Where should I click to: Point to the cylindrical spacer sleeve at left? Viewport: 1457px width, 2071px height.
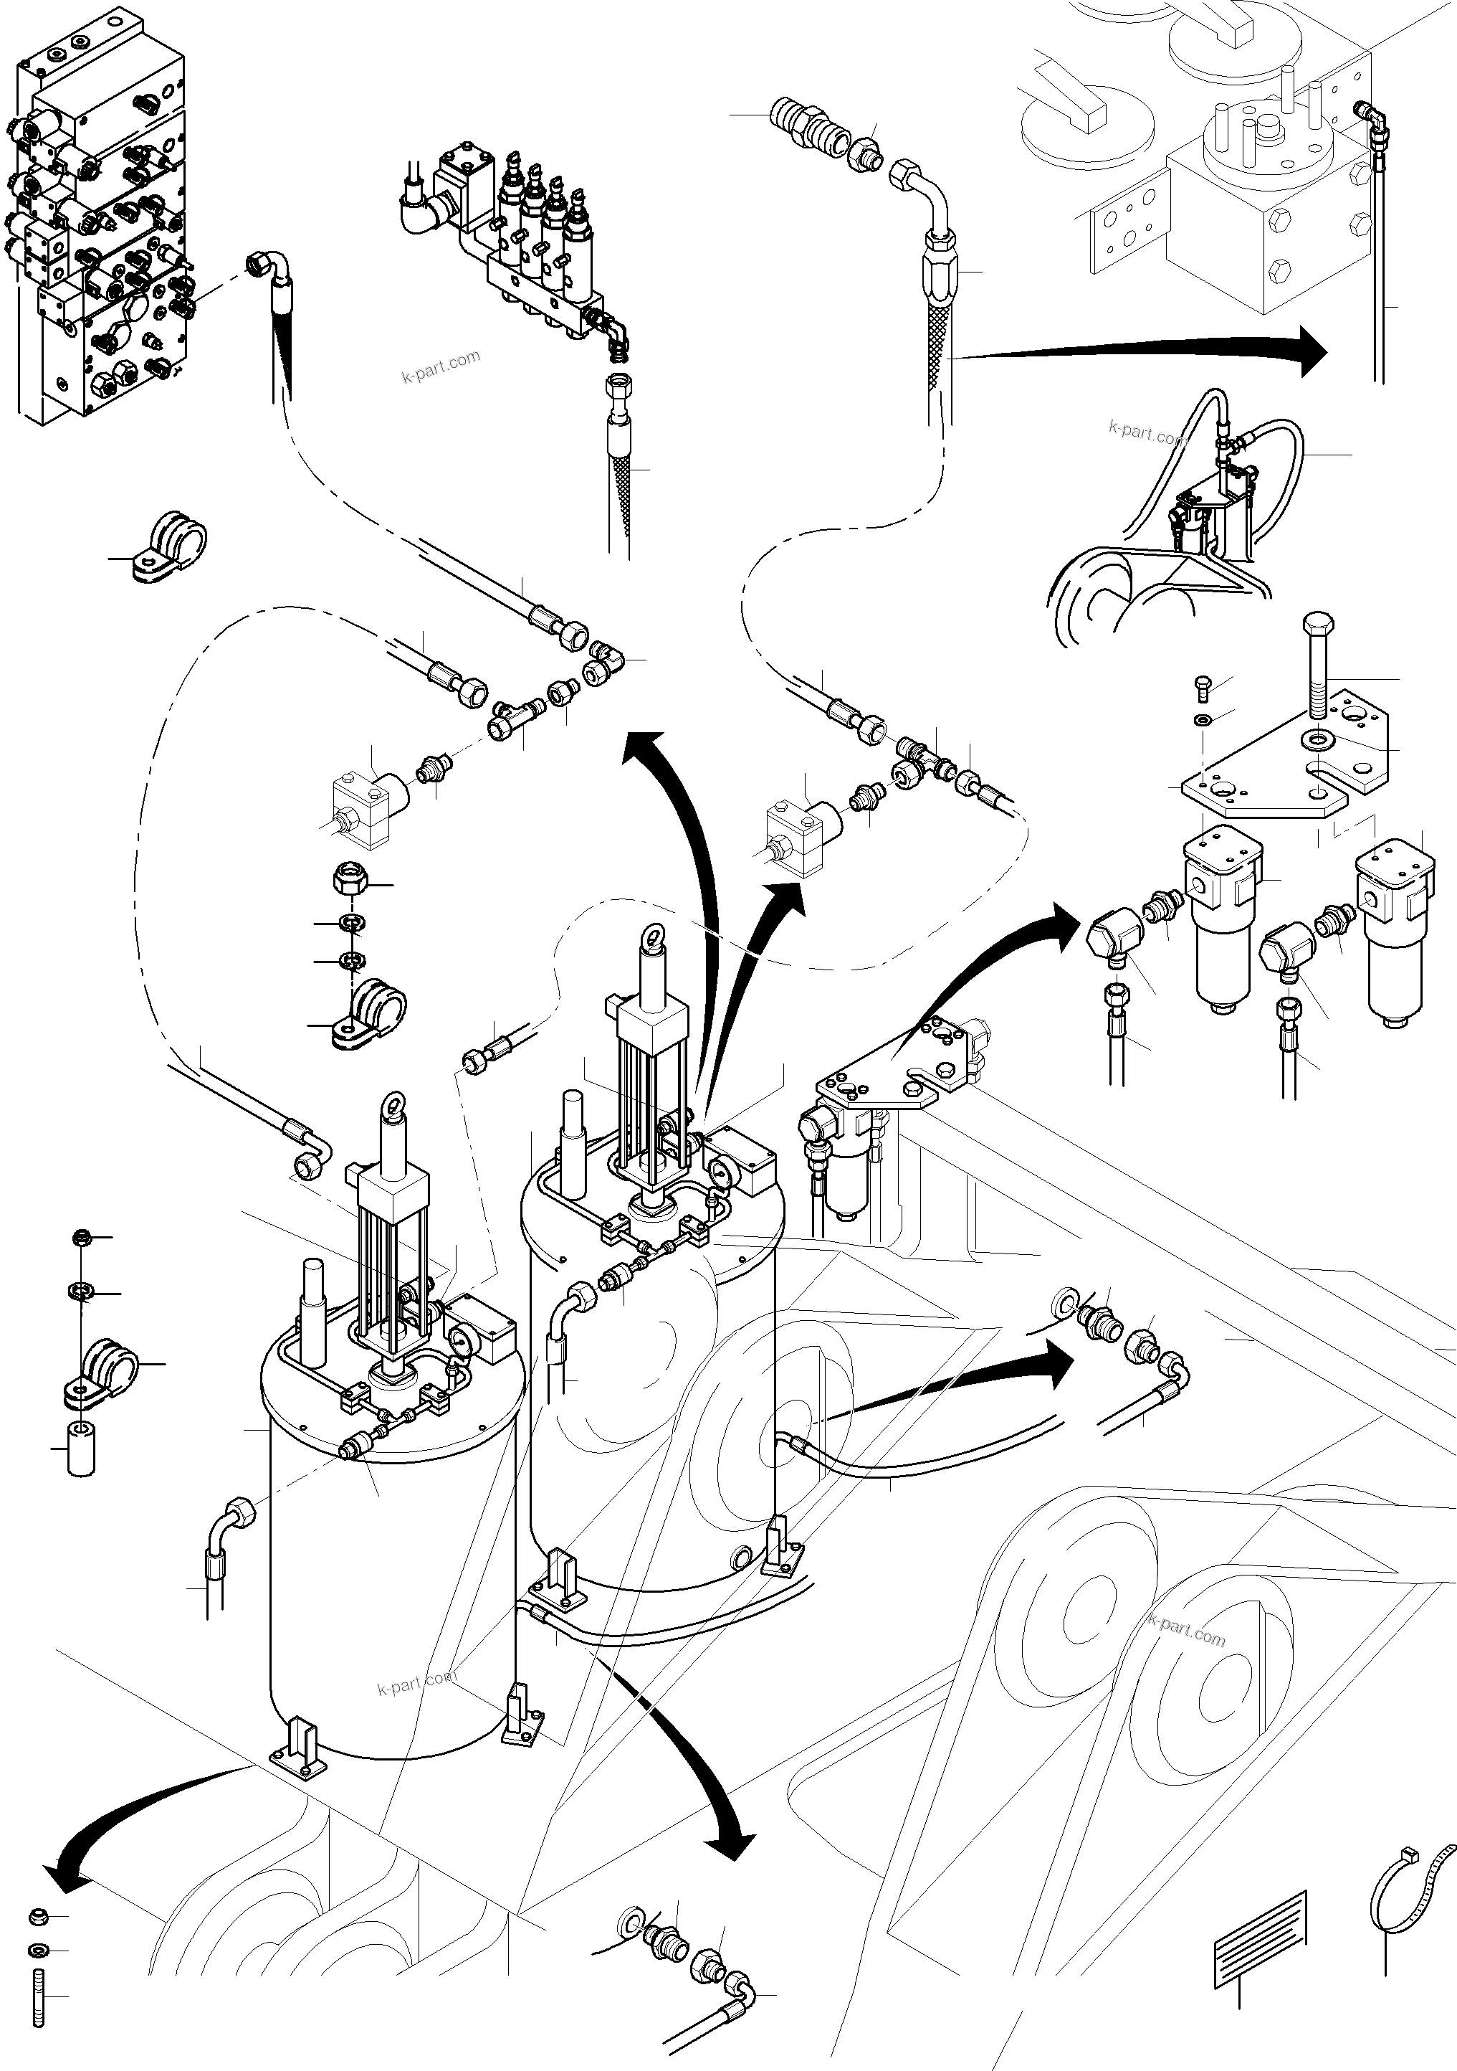tap(81, 1449)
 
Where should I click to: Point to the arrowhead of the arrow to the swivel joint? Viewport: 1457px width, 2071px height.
tap(1312, 351)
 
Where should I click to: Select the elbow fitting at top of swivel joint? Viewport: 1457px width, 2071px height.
tap(1371, 118)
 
